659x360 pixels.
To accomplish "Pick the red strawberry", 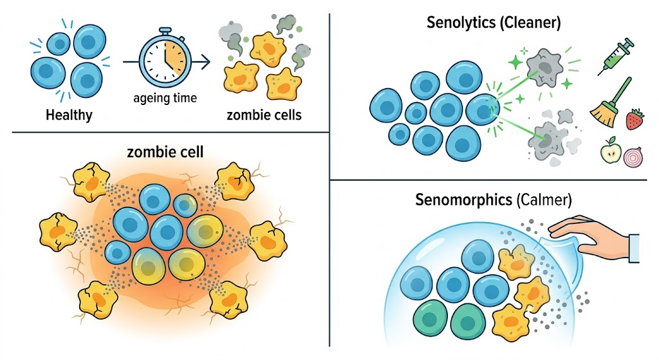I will [x=636, y=119].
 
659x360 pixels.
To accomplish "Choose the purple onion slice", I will [x=634, y=156].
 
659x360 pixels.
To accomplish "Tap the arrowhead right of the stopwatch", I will [x=206, y=62].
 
